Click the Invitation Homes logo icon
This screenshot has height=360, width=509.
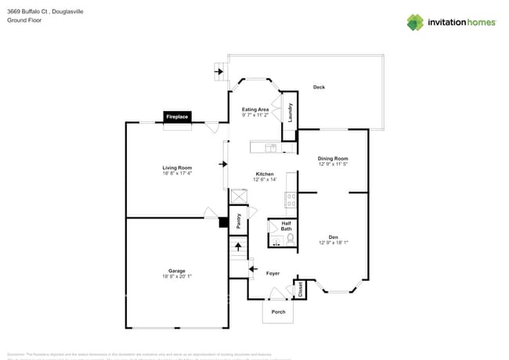pos(415,22)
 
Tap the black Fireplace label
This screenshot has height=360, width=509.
pos(176,117)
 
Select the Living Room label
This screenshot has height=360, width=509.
pos(176,167)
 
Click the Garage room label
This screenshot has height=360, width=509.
pos(176,271)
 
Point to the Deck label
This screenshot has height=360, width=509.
pos(319,87)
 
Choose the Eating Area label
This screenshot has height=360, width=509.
pos(255,110)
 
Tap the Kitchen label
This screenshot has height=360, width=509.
pos(265,174)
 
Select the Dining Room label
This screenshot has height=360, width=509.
pos(333,159)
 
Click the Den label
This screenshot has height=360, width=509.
pos(333,237)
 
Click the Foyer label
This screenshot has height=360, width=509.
pos(273,273)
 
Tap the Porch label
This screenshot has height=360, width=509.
pos(278,311)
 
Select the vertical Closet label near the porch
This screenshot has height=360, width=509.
pos(300,290)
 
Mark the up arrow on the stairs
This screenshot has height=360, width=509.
pos(238,247)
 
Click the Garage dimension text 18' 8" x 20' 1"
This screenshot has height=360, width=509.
pos(176,276)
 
